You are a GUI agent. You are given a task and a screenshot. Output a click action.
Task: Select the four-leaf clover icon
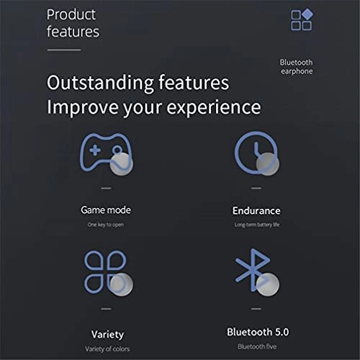point(105,271)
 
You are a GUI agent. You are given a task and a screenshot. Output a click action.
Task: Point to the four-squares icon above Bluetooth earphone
point(301,20)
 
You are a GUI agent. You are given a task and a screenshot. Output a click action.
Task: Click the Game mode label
point(106,210)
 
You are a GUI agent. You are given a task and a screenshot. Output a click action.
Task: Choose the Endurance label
point(256,211)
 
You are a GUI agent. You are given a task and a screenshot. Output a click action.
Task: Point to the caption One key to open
point(106,225)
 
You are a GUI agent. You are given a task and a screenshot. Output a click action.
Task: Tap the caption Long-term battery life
point(256,225)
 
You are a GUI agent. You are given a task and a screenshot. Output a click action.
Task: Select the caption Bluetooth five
point(256,346)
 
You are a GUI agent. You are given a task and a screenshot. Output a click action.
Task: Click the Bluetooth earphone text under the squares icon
point(296,67)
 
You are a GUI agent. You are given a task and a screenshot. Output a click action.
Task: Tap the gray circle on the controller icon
point(122,164)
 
